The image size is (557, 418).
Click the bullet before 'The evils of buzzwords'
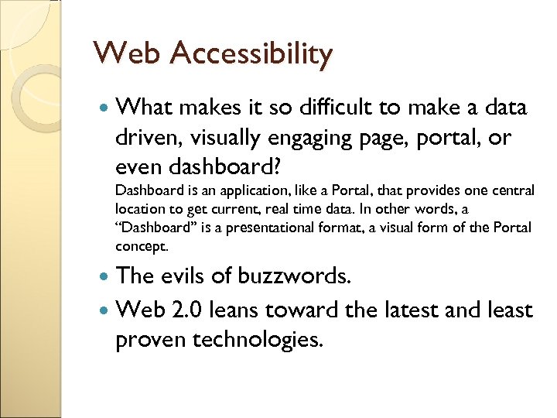pos(105,277)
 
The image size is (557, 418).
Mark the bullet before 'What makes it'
pos(105,108)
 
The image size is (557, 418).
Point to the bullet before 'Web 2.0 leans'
pos(105,311)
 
